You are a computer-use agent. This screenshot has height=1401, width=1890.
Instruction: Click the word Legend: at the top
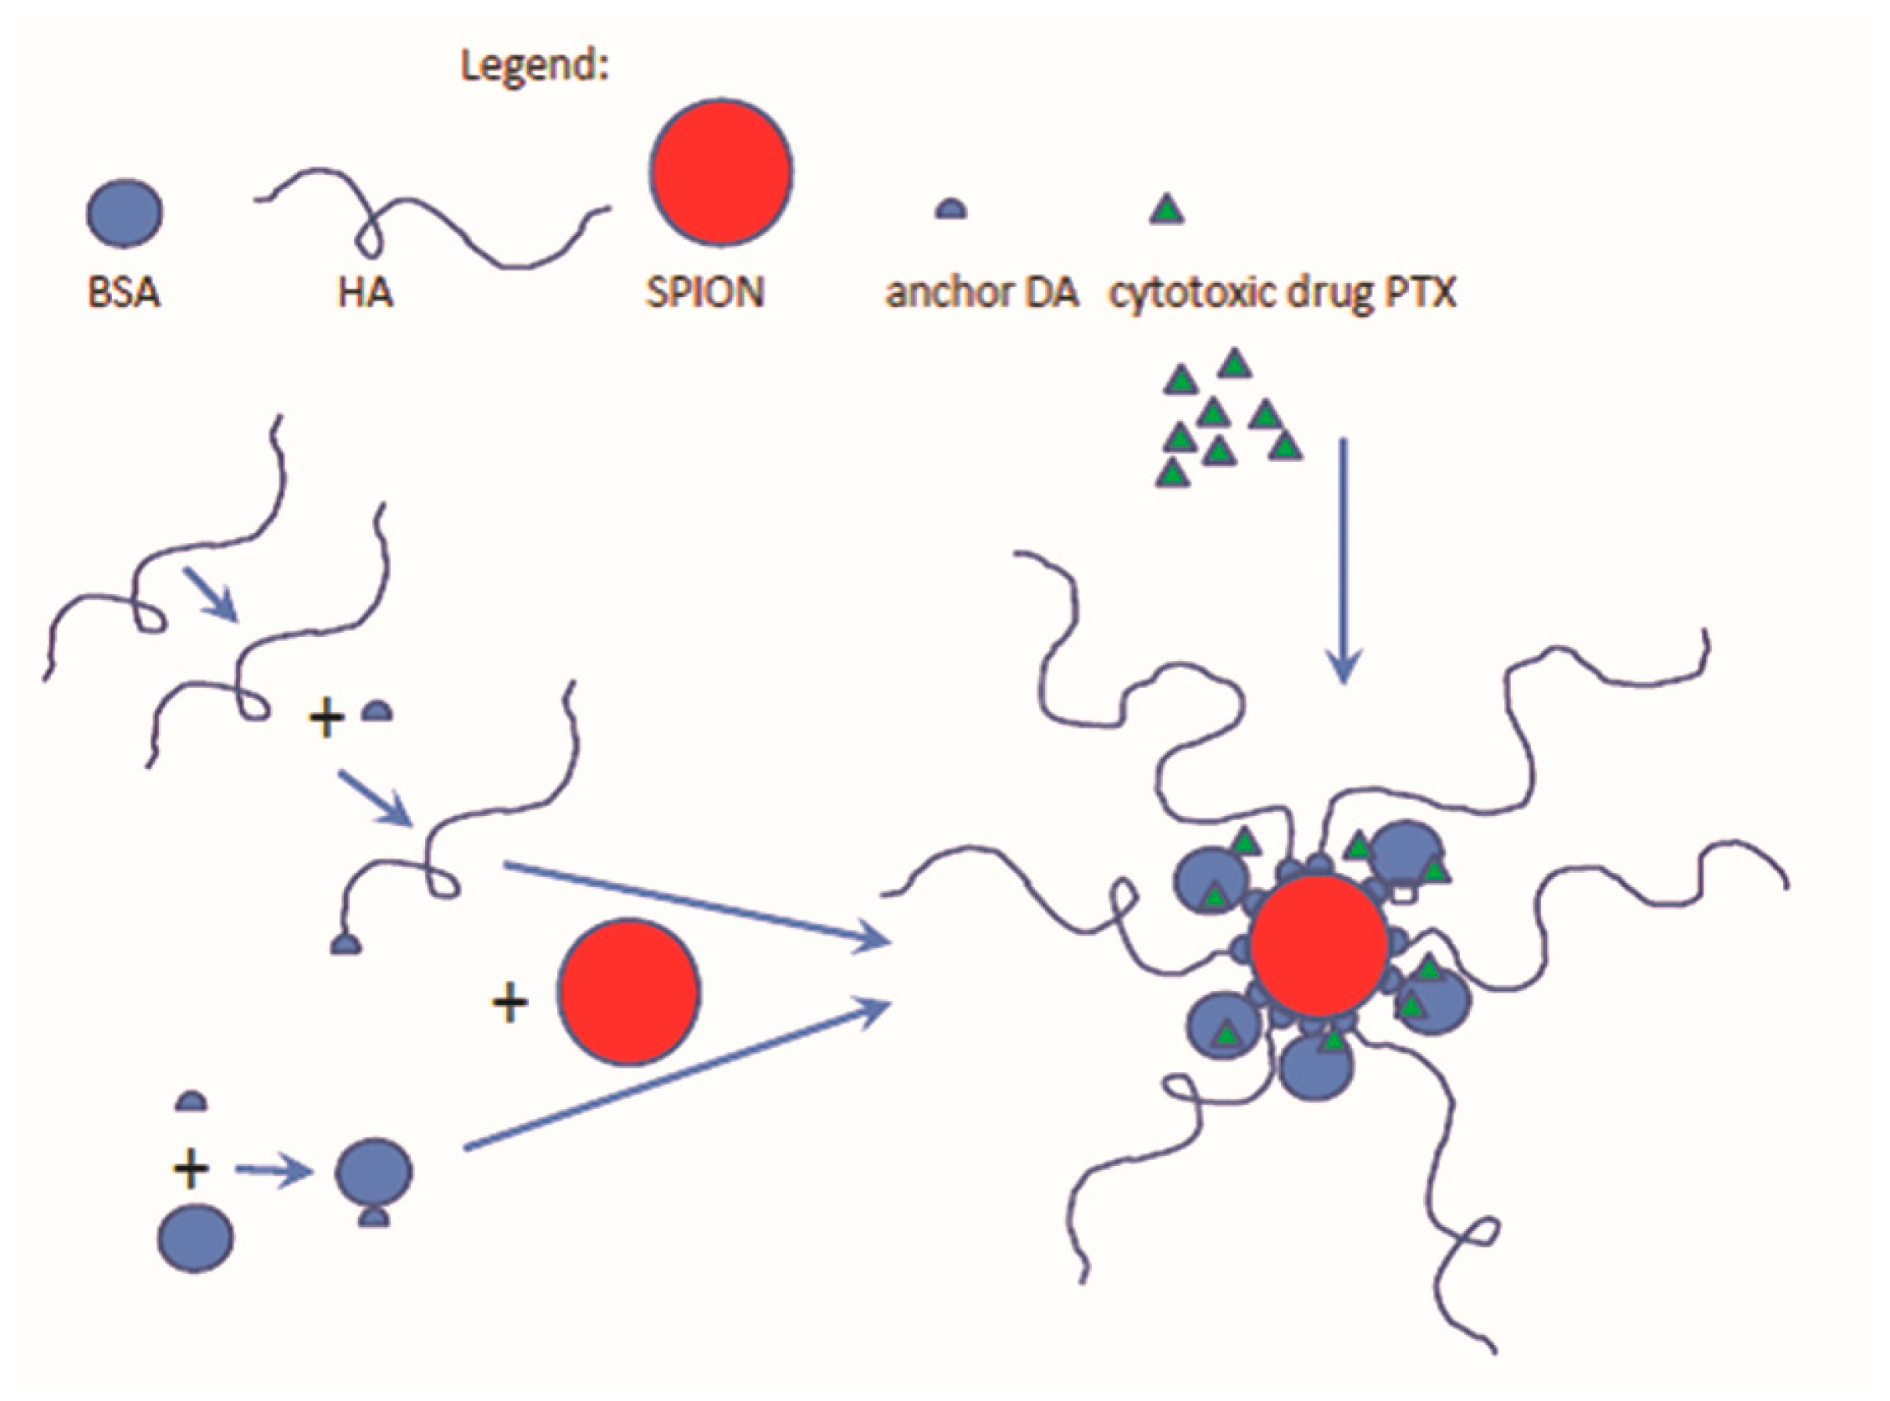tap(534, 66)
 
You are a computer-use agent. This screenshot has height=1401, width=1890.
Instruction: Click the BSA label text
tap(124, 294)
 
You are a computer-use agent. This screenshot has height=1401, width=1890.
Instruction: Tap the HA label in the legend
tap(366, 294)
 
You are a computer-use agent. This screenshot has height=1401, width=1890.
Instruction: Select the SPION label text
tap(704, 294)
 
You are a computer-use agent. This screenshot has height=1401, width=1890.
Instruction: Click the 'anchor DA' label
tap(981, 294)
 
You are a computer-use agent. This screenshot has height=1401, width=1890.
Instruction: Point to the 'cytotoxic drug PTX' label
tap(1283, 294)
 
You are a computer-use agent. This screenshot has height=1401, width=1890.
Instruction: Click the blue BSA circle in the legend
tap(125, 213)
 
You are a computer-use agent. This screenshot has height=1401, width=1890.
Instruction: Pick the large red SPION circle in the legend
tap(720, 172)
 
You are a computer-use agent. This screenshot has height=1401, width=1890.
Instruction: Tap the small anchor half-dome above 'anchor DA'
tap(950, 209)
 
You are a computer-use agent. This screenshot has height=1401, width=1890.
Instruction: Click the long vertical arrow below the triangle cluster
tap(1343, 560)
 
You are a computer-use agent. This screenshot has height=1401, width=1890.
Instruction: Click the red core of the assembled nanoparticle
tap(1319, 946)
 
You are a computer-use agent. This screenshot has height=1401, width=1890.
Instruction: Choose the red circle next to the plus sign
tap(628, 992)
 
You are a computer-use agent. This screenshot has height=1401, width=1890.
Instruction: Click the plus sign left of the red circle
tap(510, 1003)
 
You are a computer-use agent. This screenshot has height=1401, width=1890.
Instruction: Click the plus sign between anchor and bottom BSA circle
tap(191, 1169)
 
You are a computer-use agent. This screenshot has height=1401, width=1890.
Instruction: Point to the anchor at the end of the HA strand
tap(346, 944)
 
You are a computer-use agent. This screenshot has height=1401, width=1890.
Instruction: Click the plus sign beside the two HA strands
tap(326, 719)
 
